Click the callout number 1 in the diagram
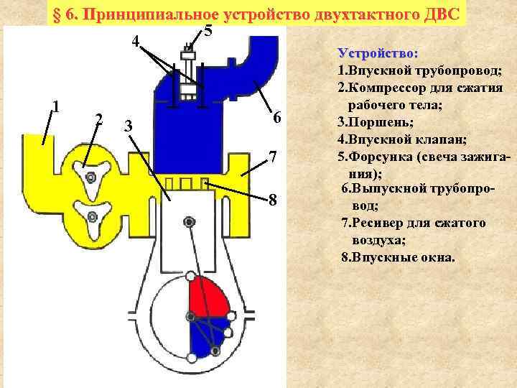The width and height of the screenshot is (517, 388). pyautogui.click(x=55, y=106)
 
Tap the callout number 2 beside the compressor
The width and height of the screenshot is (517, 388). pyautogui.click(x=99, y=119)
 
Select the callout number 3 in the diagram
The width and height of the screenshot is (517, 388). pyautogui.click(x=129, y=126)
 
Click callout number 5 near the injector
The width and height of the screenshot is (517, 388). pyautogui.click(x=208, y=31)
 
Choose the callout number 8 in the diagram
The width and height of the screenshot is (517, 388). pyautogui.click(x=273, y=199)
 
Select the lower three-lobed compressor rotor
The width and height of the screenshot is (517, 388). pyautogui.click(x=90, y=216)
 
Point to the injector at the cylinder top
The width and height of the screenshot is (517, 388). pyautogui.click(x=189, y=72)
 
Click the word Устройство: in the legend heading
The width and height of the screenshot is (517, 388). pyautogui.click(x=378, y=54)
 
